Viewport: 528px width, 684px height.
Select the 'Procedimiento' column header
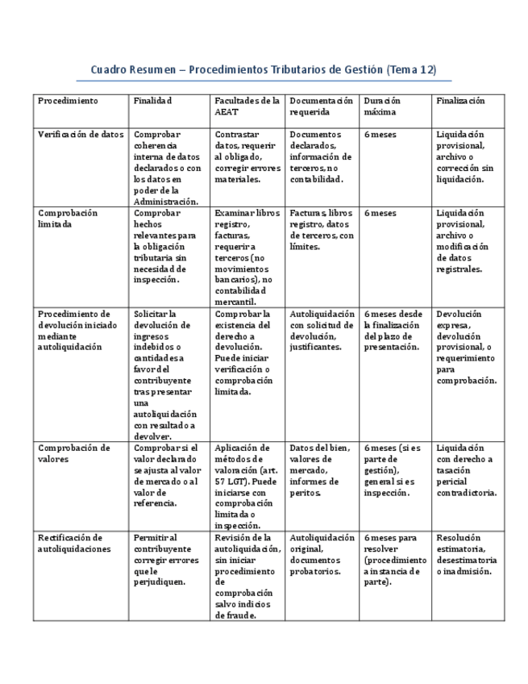pyautogui.click(x=68, y=101)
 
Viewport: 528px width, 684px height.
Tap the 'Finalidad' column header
pyautogui.click(x=153, y=101)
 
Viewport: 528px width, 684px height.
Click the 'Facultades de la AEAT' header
pyautogui.click(x=247, y=106)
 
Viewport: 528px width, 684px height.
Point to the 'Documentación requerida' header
pyautogui.click(x=321, y=106)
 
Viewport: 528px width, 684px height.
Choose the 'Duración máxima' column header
pyautogui.click(x=382, y=106)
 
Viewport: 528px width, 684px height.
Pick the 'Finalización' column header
pyautogui.click(x=460, y=101)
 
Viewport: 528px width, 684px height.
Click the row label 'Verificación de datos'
pyautogui.click(x=81, y=135)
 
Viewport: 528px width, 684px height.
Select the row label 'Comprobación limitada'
pyautogui.click(x=68, y=219)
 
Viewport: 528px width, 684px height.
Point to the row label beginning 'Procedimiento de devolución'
pyautogui.click(x=77, y=330)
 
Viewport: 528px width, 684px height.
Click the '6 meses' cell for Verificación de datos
pyautogui.click(x=380, y=135)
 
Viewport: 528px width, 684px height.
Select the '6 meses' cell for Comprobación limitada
pyautogui.click(x=380, y=213)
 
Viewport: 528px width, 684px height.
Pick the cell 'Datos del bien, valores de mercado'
pyautogui.click(x=321, y=469)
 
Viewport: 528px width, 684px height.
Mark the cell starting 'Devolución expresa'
pyautogui.click(x=467, y=347)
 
